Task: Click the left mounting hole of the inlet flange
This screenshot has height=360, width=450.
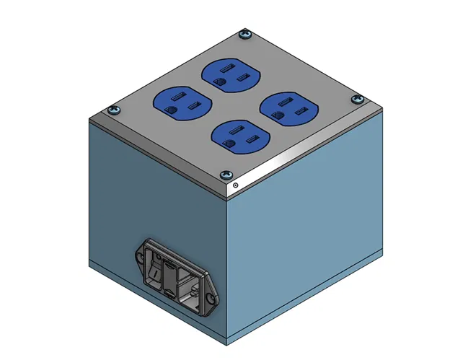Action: click(139, 255)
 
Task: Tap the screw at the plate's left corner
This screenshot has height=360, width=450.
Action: click(112, 110)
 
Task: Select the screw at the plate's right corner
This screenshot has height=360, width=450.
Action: click(356, 98)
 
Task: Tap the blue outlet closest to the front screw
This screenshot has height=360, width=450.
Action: click(238, 135)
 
